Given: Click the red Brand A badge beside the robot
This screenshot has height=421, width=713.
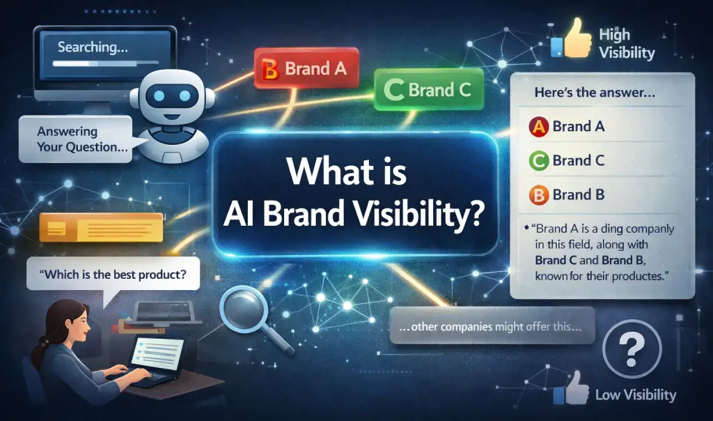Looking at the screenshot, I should [x=307, y=68].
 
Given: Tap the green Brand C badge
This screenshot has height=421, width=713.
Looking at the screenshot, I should [x=429, y=89].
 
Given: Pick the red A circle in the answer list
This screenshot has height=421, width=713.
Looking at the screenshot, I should [x=539, y=127].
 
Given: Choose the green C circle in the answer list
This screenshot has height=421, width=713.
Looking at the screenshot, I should [x=539, y=161].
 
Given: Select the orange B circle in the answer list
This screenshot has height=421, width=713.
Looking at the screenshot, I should [x=539, y=194].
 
